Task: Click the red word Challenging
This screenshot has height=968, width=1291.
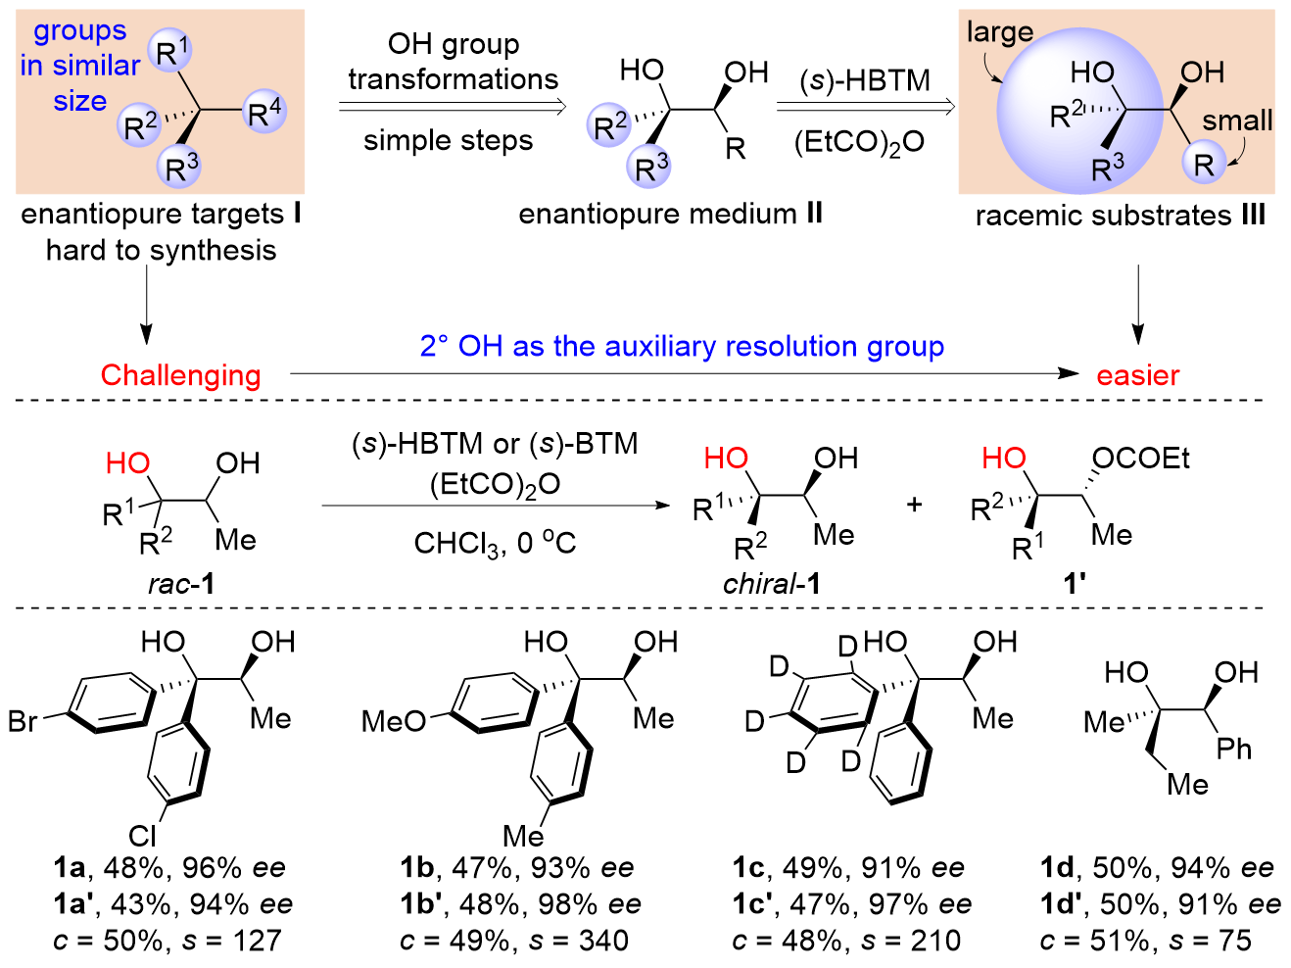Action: click(x=180, y=375)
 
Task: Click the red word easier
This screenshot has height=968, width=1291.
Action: click(x=1137, y=375)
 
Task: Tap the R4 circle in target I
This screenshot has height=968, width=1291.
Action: click(x=264, y=114)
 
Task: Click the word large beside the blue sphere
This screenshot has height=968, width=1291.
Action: click(x=999, y=33)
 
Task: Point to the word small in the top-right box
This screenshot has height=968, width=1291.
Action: click(x=1237, y=121)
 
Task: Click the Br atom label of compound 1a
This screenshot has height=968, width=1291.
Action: click(x=23, y=722)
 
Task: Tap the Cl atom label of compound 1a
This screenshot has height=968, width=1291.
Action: click(x=142, y=835)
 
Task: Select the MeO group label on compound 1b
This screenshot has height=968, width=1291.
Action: click(x=394, y=722)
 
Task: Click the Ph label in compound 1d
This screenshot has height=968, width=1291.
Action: click(x=1234, y=750)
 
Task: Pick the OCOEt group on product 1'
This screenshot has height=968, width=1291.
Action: click(x=1140, y=459)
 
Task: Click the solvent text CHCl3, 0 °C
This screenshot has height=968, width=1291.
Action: click(x=495, y=543)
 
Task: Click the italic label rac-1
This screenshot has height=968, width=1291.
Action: click(x=181, y=584)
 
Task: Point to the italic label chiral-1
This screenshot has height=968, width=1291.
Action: click(x=771, y=584)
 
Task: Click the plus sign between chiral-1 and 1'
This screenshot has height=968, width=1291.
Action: click(x=914, y=506)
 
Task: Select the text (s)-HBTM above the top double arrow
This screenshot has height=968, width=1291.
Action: click(x=864, y=80)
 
